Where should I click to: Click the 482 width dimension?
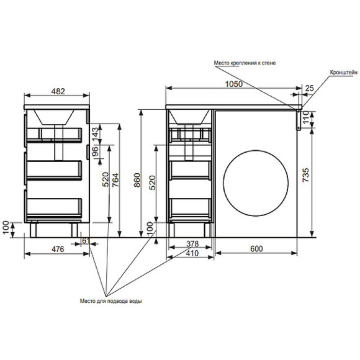point(58,91)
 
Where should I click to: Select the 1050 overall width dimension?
point(234,84)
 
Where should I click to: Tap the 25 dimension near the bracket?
point(309,88)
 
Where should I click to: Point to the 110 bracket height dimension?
point(306,117)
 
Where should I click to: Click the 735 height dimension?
point(306,175)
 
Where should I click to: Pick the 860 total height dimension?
point(137,180)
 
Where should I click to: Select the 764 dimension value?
point(115,180)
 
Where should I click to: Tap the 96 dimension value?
point(94,151)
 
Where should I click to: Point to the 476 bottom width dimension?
point(58,249)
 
